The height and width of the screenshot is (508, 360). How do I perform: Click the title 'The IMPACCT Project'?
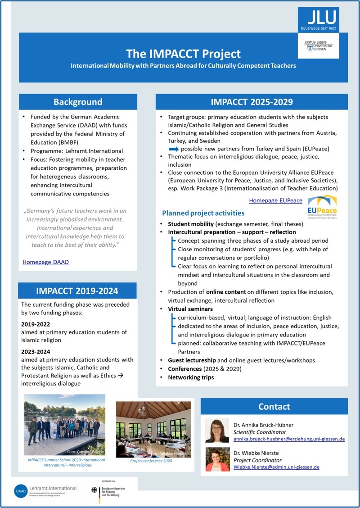[183, 54]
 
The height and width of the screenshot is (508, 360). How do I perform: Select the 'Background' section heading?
[78, 102]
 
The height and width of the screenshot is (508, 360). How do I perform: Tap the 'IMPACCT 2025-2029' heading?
[252, 102]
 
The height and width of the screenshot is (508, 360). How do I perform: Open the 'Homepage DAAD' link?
[45, 262]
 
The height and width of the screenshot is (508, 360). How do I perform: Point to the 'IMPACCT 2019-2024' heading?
[78, 290]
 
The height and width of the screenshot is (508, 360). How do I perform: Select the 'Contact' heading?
[274, 407]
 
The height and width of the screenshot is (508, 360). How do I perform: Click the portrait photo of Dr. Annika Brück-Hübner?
[217, 430]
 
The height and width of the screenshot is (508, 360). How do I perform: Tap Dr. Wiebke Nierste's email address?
[276, 467]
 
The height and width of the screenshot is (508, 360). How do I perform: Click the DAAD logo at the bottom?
[22, 489]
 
